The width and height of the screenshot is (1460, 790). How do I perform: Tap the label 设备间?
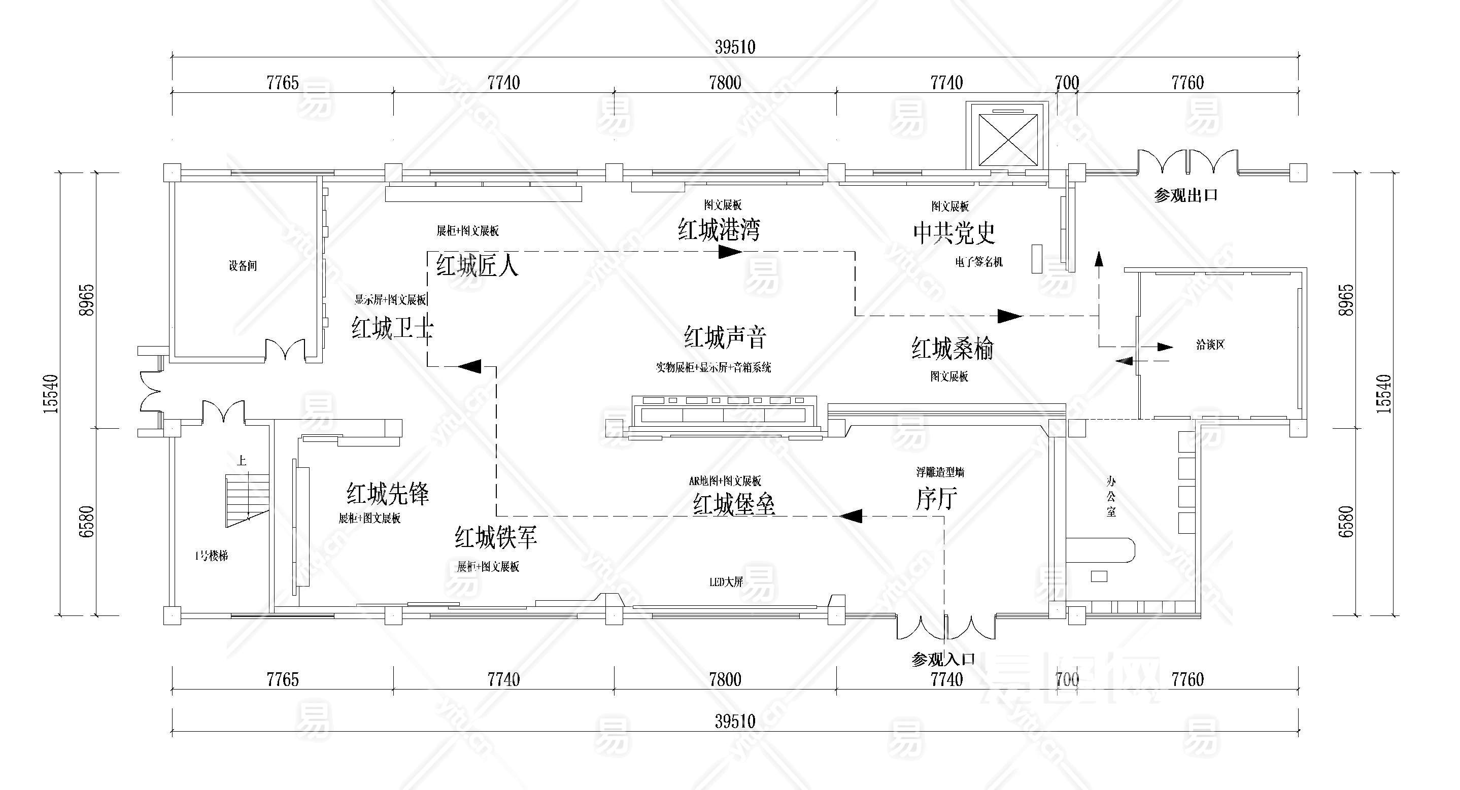[x=243, y=265]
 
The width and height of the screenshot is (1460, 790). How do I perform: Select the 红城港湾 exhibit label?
[x=719, y=230]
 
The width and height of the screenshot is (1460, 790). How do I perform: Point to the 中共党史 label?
[x=954, y=232]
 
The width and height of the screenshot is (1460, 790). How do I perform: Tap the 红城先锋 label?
[x=388, y=494]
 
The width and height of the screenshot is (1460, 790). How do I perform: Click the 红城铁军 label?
[x=496, y=537]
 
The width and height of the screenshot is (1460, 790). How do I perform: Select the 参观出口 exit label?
[x=1185, y=195]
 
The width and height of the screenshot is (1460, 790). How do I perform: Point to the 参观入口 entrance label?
[x=943, y=659]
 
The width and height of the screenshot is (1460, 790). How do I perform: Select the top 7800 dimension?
[x=725, y=83]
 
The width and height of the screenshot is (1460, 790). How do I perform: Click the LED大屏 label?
[x=726, y=582]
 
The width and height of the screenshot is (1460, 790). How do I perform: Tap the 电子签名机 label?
[x=979, y=262]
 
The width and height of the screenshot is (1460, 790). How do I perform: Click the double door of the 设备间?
[x=286, y=349]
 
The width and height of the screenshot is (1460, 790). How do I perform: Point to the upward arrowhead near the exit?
[x=1099, y=259]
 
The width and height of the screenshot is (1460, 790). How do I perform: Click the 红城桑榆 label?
[x=952, y=349]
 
